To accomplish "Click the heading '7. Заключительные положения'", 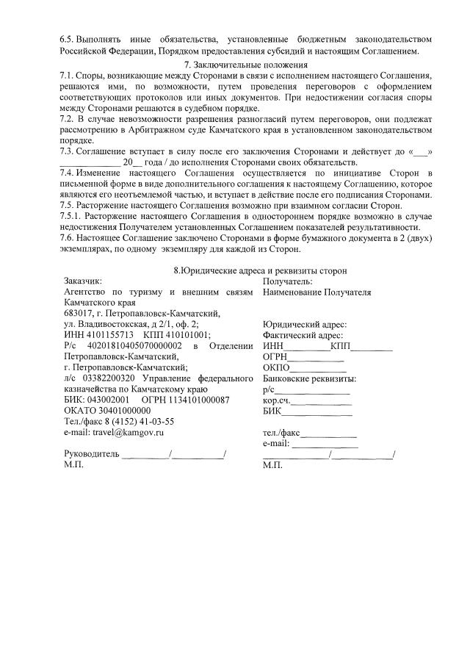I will [235, 65].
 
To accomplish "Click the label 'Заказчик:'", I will [83, 281].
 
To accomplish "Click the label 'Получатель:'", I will [287, 281].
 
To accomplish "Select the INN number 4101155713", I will [109, 334].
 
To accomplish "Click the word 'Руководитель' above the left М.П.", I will [91, 455].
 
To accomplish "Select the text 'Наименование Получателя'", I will [317, 292].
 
